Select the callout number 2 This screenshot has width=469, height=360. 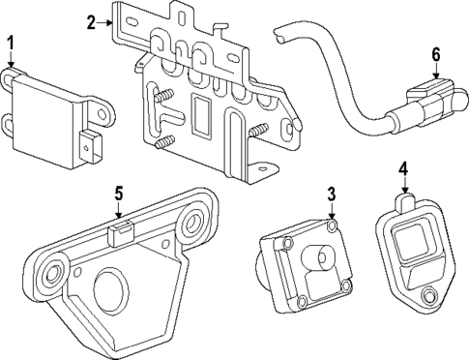[91, 22]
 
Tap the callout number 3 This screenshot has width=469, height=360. [332, 194]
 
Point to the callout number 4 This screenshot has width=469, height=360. [402, 169]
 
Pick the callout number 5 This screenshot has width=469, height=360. [118, 194]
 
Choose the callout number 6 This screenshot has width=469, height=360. [435, 54]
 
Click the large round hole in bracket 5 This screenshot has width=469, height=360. [109, 289]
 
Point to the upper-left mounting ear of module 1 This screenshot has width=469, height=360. [11, 73]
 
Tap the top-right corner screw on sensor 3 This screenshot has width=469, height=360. [332, 229]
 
